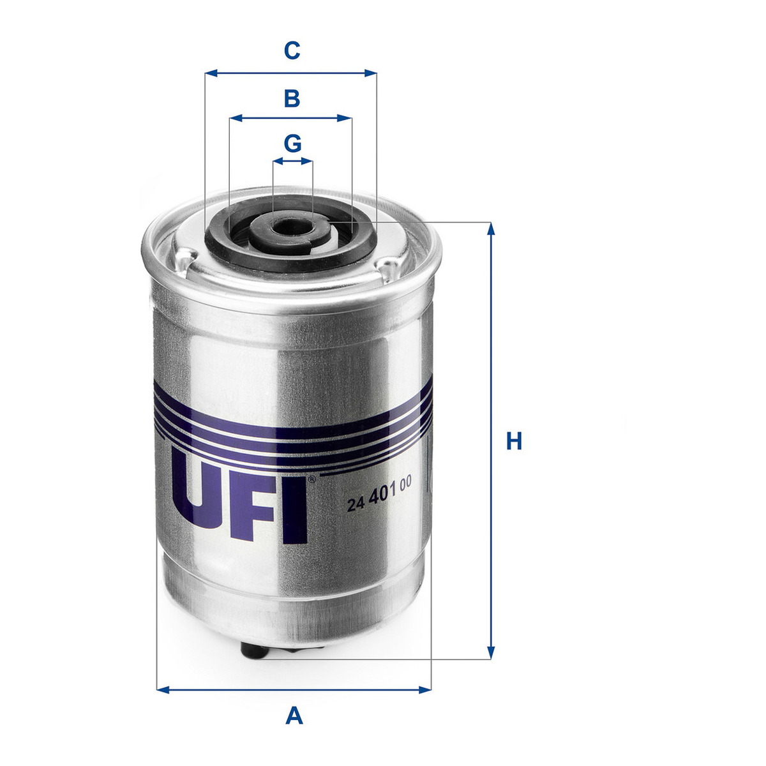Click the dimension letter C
tap(292, 51)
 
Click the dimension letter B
tap(292, 98)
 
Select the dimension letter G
tap(292, 144)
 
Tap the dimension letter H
tap(514, 441)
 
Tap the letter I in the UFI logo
tap(296, 511)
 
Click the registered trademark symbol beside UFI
tap(312, 479)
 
